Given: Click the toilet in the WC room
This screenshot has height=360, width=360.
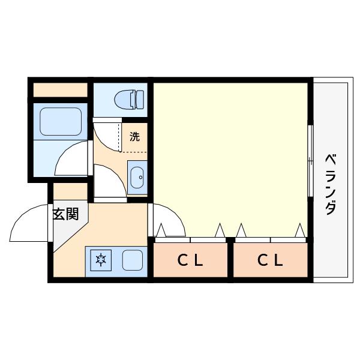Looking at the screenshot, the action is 129,99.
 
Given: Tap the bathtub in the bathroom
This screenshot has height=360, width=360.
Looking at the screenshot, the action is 61,121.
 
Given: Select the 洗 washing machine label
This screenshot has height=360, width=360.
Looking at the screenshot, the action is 134,137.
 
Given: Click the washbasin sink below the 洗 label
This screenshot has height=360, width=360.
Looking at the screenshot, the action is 137,177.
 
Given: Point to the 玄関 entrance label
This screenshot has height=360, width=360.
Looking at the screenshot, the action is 66,214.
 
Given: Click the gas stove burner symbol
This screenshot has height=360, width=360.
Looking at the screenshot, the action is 101,260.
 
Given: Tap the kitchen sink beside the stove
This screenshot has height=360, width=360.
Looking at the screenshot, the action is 133,260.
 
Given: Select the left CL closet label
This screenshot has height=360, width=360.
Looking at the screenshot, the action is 190,260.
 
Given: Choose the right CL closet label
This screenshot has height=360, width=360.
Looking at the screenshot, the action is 270,260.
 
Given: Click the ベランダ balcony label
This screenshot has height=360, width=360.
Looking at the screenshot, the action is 331,185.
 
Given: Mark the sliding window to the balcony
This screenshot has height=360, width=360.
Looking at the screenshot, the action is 310,161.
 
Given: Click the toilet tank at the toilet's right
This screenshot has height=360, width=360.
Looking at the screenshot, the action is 140,99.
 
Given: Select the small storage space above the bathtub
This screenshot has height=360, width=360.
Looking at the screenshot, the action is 61,90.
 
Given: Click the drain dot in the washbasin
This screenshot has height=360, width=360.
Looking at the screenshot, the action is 141,177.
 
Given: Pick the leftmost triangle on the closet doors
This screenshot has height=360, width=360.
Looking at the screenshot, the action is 161,230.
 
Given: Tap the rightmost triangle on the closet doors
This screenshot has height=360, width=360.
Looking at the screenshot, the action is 300,230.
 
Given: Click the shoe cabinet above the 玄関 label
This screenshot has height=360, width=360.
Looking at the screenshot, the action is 70,191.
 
